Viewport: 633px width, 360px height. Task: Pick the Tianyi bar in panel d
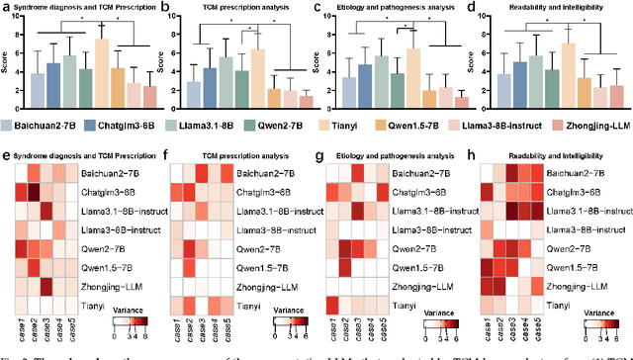569,73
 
